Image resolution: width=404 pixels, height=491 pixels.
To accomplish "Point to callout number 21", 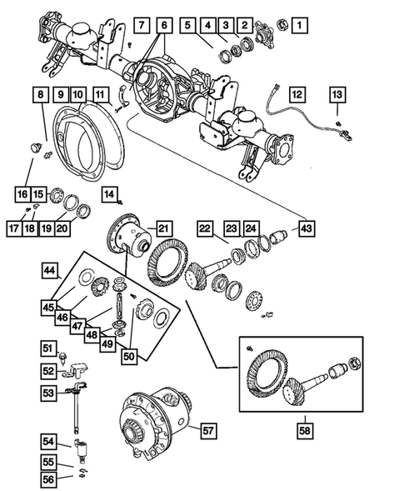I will (x=163, y=228).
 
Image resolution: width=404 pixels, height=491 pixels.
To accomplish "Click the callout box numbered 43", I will (x=307, y=228).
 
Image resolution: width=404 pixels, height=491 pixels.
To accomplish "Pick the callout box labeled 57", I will (x=208, y=430).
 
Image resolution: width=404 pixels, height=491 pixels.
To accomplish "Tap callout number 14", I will (x=109, y=195).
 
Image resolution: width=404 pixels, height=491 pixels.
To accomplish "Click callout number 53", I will (x=48, y=391).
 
